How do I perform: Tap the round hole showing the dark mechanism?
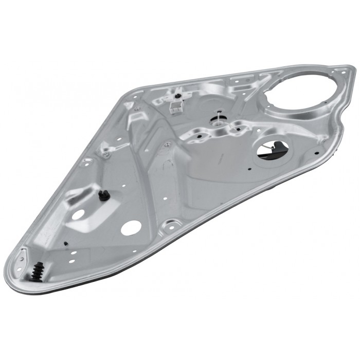[273, 150]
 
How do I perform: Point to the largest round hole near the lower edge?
[131, 227]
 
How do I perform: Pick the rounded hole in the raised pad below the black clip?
[79, 214]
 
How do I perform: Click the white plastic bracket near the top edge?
[176, 104]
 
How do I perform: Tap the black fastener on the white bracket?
[177, 96]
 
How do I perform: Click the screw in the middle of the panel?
[167, 145]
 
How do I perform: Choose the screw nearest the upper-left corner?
[138, 108]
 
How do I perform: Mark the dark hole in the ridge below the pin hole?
[197, 137]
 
